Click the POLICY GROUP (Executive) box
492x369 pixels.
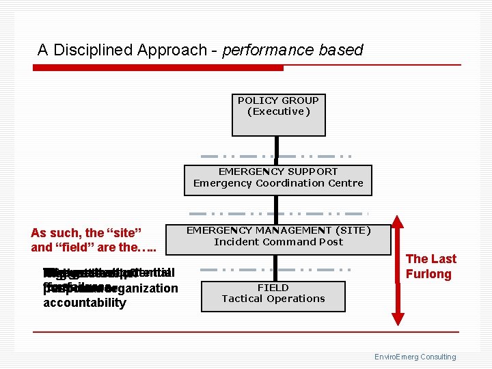pos(278,114)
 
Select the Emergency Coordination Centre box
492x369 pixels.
pos(278,180)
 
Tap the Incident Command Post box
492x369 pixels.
pos(278,239)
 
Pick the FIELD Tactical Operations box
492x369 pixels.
pos(273,296)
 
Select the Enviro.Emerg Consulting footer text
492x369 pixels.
pos(415,357)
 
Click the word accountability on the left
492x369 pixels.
pos(85,303)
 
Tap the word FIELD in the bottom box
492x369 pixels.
pos(273,288)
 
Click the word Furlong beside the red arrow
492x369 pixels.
pos(428,274)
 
